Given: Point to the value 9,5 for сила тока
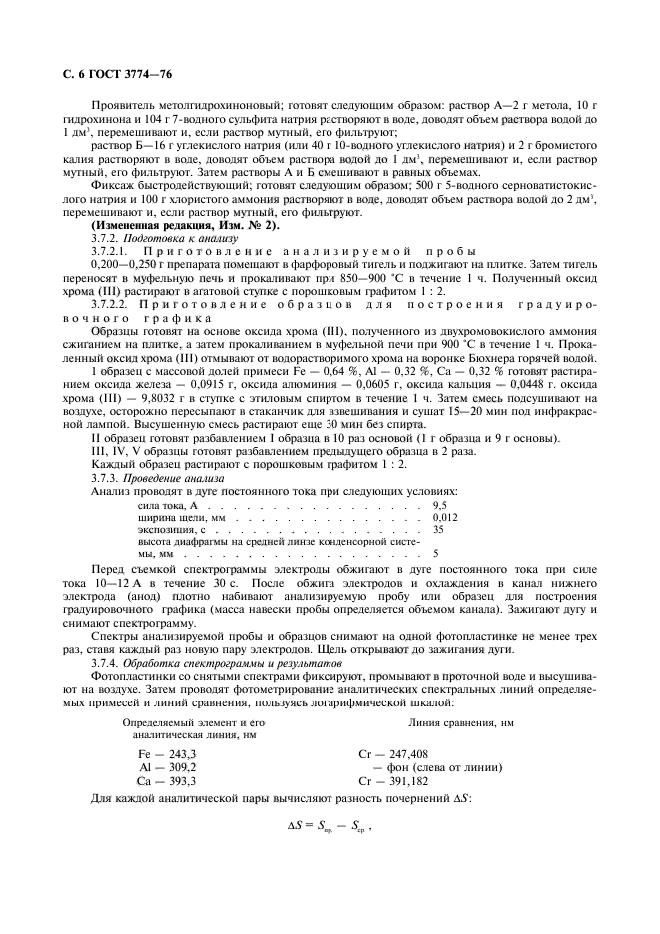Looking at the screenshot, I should [440, 507].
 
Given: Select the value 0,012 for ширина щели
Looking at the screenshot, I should [446, 519].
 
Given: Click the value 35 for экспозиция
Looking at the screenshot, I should [439, 531].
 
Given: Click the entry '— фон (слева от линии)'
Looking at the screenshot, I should [437, 767].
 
